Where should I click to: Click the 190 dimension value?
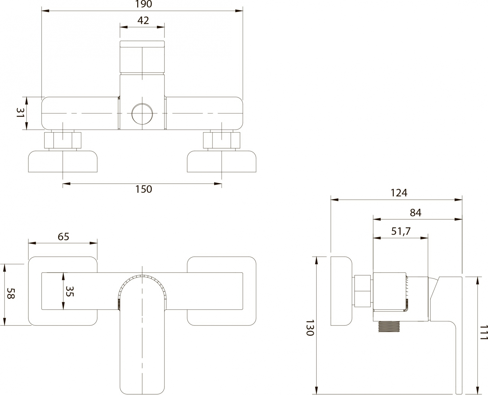click(x=144, y=4)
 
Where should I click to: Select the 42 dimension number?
click(x=143, y=20)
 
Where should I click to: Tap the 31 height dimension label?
click(x=20, y=113)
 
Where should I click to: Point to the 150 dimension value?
click(x=144, y=189)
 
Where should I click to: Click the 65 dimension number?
click(x=63, y=236)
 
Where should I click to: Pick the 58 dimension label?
click(x=10, y=293)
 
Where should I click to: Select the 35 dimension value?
click(x=70, y=291)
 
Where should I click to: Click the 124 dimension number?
click(x=399, y=193)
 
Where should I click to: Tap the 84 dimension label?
click(x=415, y=213)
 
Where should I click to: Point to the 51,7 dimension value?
click(x=401, y=231)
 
